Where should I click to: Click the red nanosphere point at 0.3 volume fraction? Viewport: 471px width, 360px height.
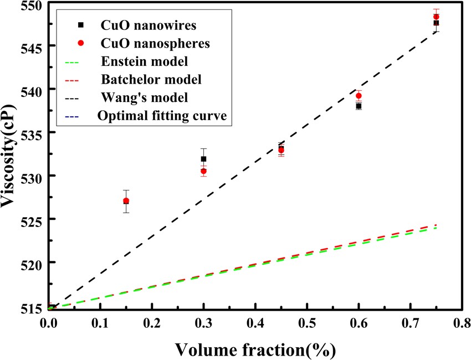coord(203,171)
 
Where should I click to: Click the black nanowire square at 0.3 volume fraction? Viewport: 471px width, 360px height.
coord(203,159)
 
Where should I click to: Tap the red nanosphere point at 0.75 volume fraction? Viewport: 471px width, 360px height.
coord(436,17)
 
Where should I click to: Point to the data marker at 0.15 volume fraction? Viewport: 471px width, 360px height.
coord(126,201)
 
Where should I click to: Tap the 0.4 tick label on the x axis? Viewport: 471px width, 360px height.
coord(255,322)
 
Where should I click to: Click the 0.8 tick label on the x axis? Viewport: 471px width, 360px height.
coord(461,322)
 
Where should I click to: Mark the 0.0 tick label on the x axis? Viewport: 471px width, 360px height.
coord(49,322)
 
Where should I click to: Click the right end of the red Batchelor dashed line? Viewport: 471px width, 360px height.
coord(436,225)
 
